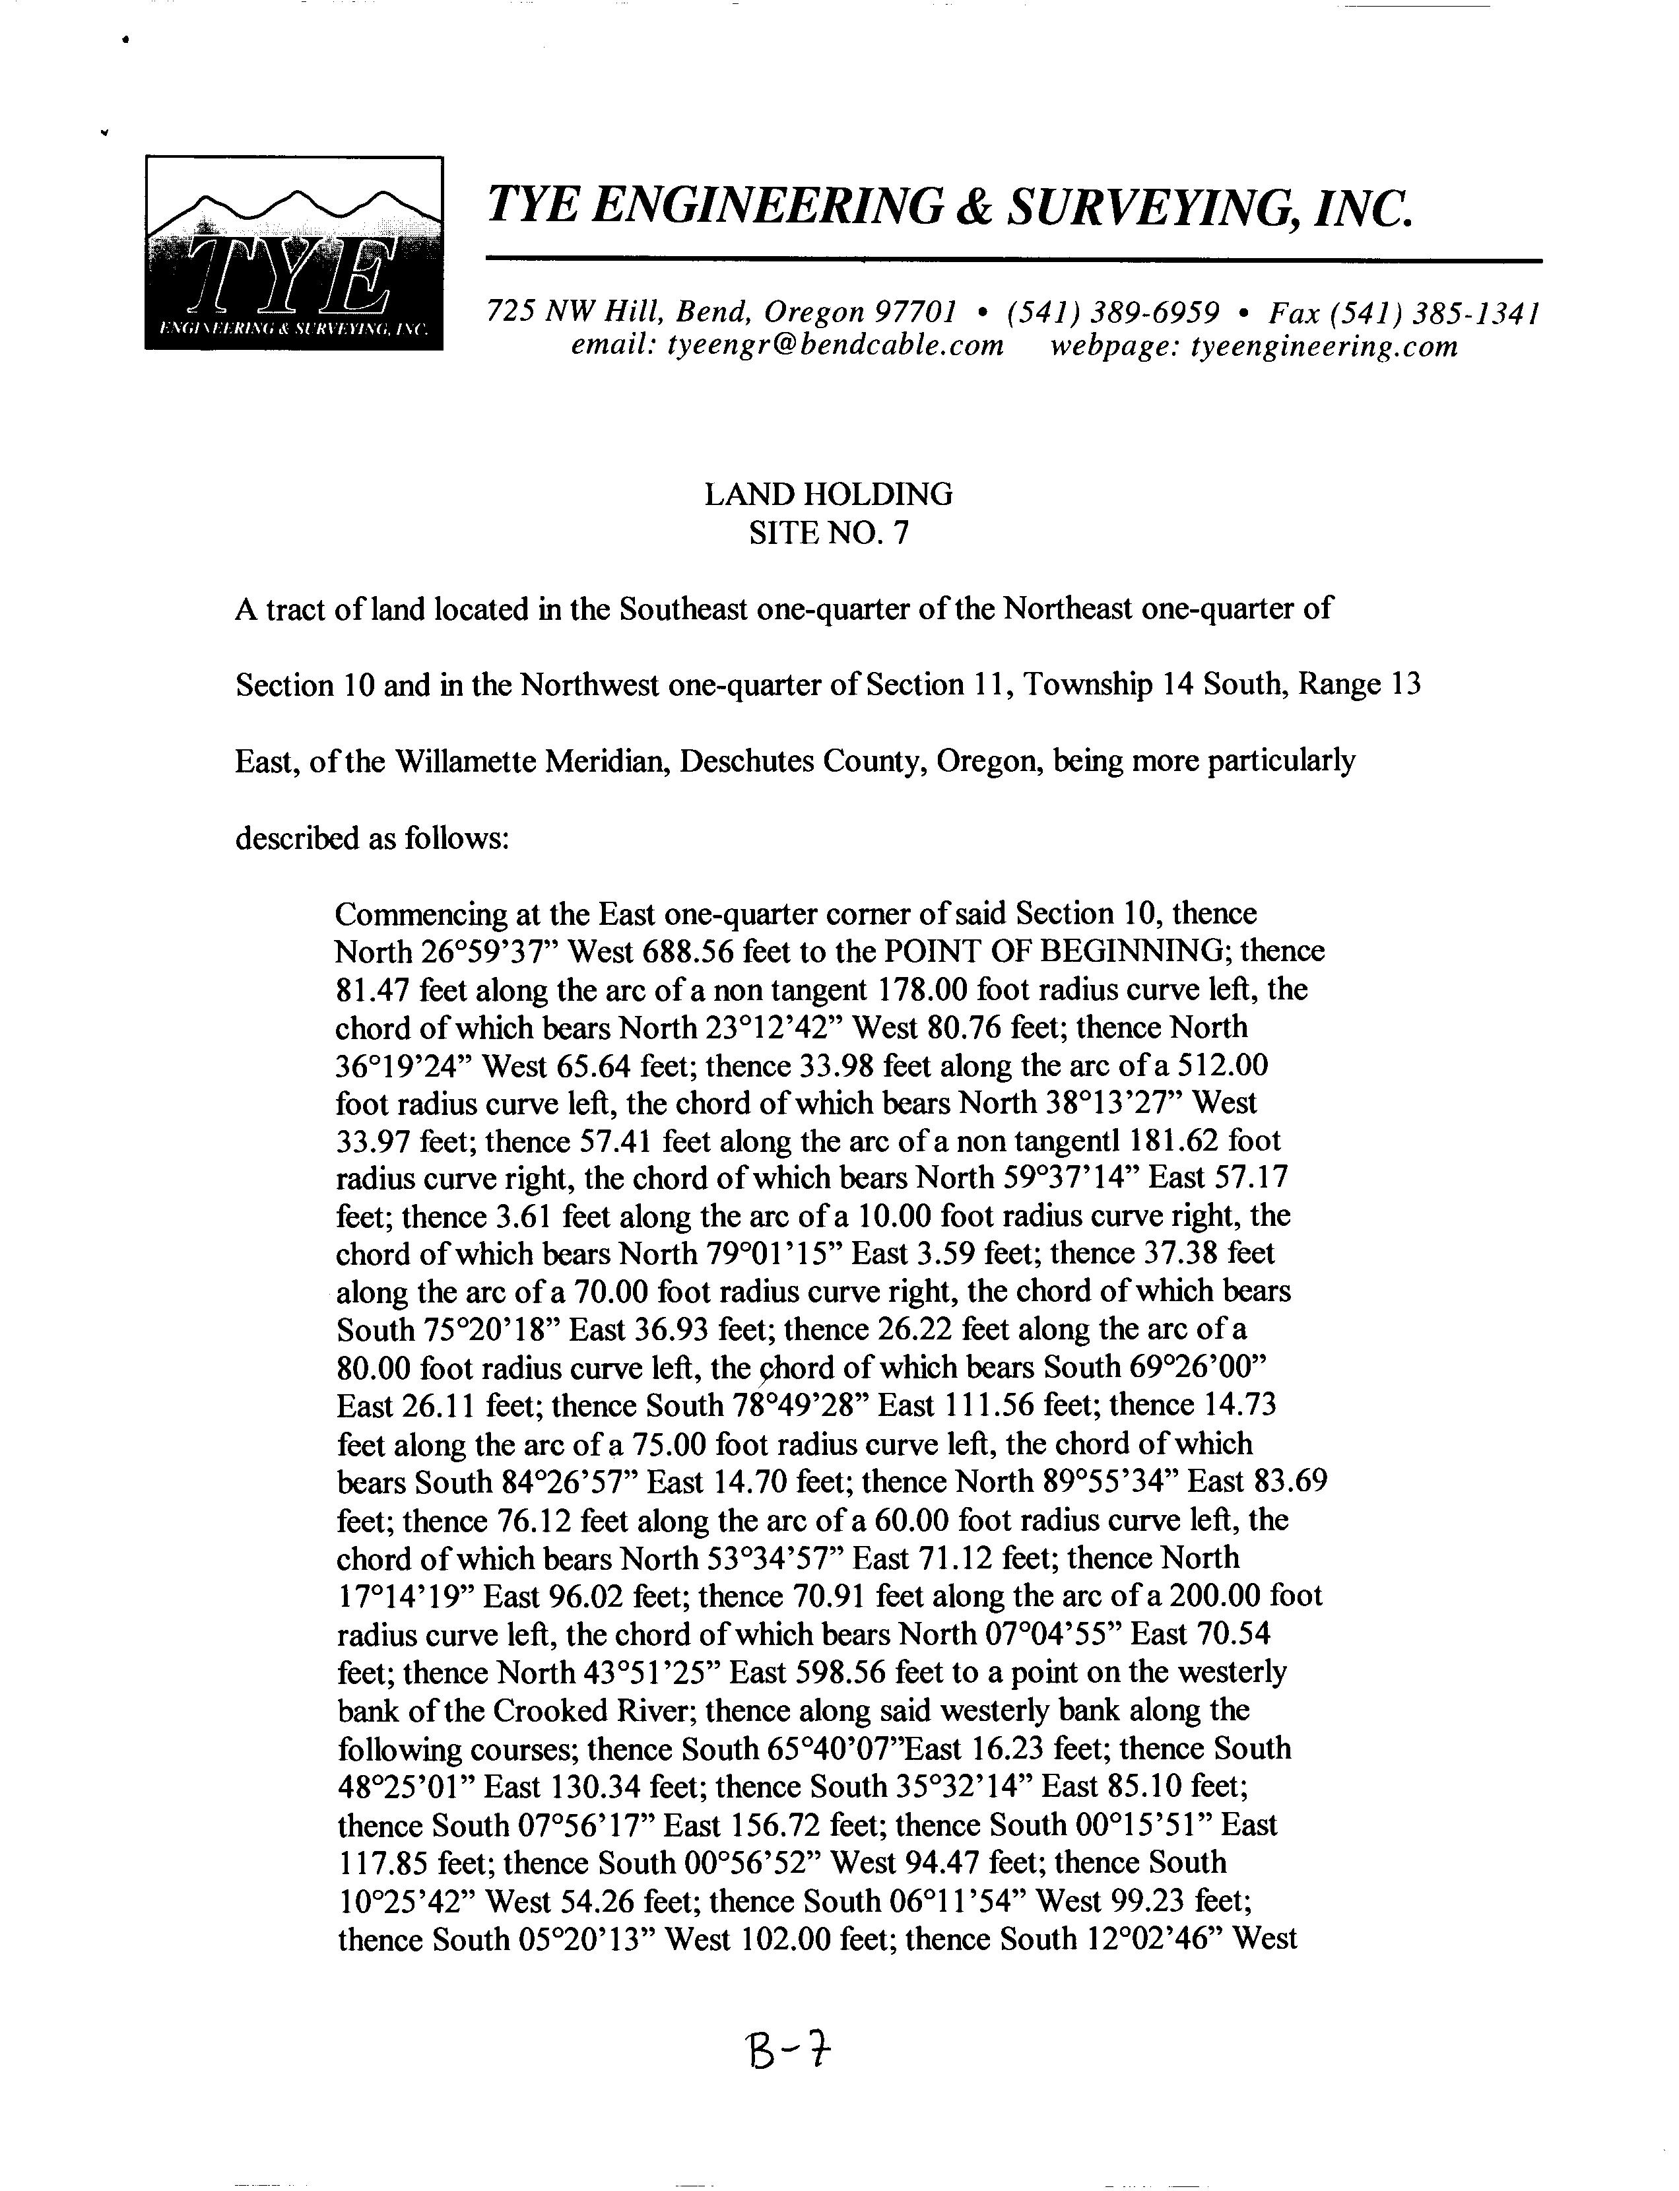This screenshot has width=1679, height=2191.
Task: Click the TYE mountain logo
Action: [x=294, y=253]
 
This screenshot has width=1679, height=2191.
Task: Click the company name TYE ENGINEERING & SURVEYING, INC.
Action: [x=950, y=206]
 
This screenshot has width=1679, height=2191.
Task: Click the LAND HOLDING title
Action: [x=828, y=494]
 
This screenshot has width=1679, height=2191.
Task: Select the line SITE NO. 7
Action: [x=828, y=533]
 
